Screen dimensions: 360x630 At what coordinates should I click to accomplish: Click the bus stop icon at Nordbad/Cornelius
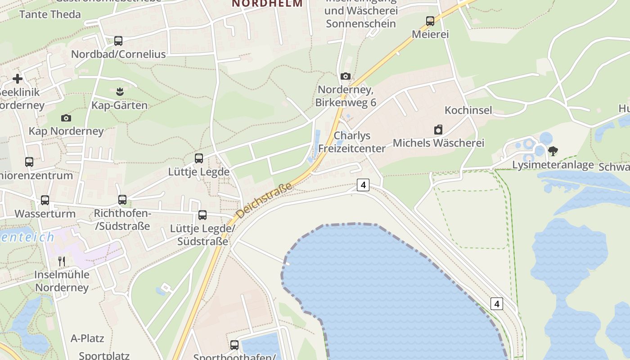point(118,41)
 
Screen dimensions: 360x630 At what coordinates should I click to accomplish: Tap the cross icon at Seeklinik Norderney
point(18,79)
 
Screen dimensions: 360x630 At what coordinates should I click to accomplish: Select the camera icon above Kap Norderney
point(66,118)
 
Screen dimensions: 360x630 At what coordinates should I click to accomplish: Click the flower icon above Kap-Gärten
point(119,92)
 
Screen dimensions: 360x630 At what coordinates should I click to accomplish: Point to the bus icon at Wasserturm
point(45,200)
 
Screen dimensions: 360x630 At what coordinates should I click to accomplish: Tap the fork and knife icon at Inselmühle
point(62,261)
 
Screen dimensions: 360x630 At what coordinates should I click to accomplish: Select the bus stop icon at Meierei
point(430,21)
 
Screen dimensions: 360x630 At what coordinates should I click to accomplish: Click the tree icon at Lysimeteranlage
point(553,151)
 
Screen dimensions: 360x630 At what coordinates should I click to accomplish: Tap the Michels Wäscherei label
point(438,143)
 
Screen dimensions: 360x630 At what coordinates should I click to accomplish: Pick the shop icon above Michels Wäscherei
point(438,130)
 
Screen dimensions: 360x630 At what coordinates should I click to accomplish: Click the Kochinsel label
point(468,110)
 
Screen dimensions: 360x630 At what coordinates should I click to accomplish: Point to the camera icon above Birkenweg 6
point(346,76)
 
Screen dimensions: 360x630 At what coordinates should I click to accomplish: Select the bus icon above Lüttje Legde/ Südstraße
point(202,215)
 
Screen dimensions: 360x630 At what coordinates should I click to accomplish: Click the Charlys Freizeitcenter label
point(352,142)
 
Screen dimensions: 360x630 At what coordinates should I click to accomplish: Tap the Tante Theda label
point(50,14)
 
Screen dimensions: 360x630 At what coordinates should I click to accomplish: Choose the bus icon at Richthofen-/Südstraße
point(122,200)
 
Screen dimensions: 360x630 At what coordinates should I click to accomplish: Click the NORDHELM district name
point(267,4)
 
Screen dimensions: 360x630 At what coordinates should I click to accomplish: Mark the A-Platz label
point(87,338)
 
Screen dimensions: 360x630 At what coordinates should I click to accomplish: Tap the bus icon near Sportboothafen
point(234,345)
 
